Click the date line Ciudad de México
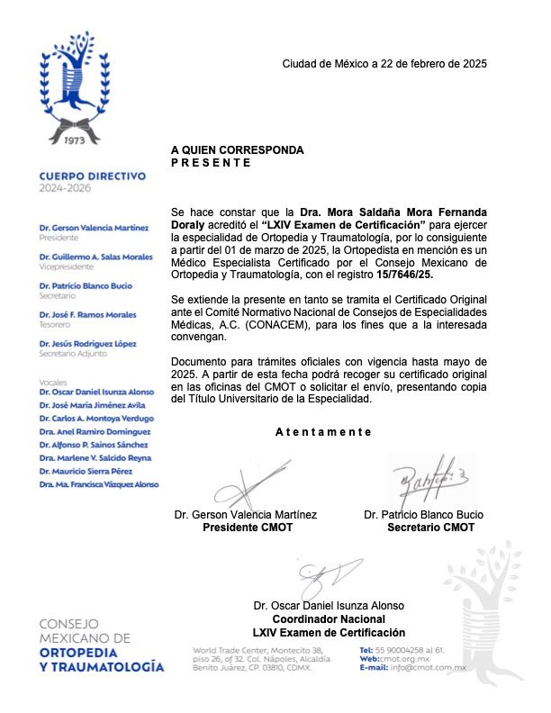click(384, 64)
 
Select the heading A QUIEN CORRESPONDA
click(237, 150)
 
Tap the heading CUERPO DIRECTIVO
click(91, 176)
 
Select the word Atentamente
click(323, 432)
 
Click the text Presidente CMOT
click(247, 528)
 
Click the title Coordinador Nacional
click(329, 619)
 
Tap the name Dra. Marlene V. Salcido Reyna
click(95, 458)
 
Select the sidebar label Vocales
click(53, 382)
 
